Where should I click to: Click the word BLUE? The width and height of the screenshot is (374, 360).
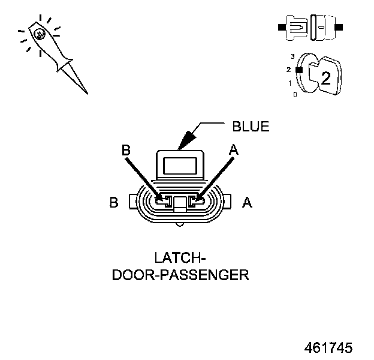tap(251, 127)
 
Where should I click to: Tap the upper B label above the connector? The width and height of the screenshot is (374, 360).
tap(126, 151)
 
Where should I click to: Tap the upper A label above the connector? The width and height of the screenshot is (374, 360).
tap(234, 151)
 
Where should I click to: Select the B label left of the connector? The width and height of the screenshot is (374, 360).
tap(114, 203)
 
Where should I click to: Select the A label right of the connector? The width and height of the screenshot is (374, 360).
tap(247, 203)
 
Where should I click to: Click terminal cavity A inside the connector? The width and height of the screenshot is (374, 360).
tap(195, 203)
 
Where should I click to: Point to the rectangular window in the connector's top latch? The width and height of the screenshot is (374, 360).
tap(179, 164)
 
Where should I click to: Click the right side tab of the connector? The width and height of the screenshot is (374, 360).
tap(227, 203)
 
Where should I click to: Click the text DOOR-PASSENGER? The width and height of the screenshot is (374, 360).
tap(180, 275)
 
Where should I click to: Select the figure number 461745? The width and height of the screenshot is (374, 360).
tap(328, 348)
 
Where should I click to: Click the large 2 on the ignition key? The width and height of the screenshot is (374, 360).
tap(325, 77)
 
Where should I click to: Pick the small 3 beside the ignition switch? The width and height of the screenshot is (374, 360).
tap(292, 56)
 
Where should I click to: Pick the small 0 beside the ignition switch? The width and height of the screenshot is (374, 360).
tap(294, 94)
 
